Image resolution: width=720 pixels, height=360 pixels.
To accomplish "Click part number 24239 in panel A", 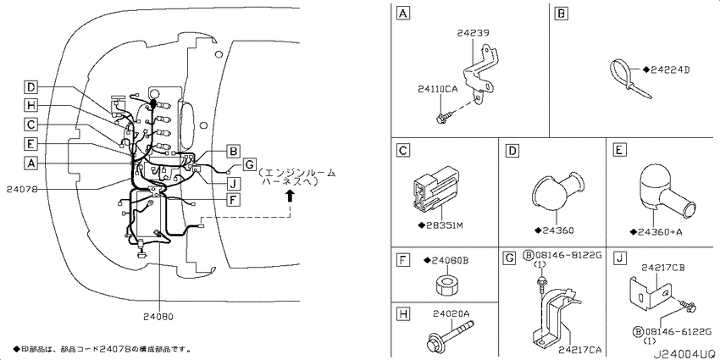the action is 473,33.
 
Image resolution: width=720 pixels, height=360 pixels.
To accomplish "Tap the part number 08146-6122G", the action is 675,331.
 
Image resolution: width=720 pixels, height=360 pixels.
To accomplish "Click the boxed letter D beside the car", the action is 30,86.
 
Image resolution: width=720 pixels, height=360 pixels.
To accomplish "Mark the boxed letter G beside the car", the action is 248,164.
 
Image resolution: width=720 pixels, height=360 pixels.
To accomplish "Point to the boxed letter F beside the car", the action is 233,199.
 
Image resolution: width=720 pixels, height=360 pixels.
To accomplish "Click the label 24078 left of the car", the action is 23,189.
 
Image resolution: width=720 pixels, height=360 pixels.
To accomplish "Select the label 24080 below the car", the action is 158,317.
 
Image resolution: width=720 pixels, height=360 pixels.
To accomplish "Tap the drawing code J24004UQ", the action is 686,354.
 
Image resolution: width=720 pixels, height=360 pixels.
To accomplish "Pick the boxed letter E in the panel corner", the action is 619,150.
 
